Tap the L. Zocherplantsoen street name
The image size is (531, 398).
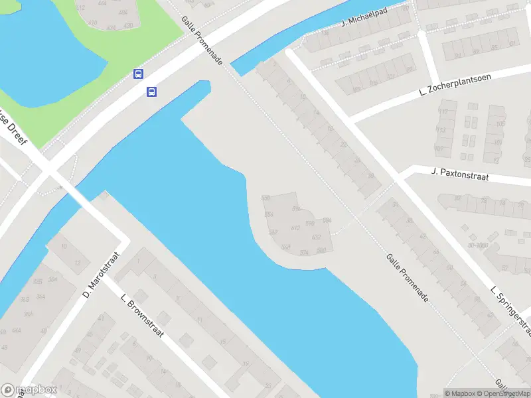(455, 86)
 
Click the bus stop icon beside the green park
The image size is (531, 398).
(139, 74)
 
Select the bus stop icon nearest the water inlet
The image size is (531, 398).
(152, 92)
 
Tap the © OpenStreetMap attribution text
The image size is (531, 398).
(502, 393)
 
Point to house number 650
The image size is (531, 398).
(266, 198)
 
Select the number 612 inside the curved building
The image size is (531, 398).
(295, 228)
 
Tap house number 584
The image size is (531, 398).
(327, 220)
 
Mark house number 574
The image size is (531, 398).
(304, 252)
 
